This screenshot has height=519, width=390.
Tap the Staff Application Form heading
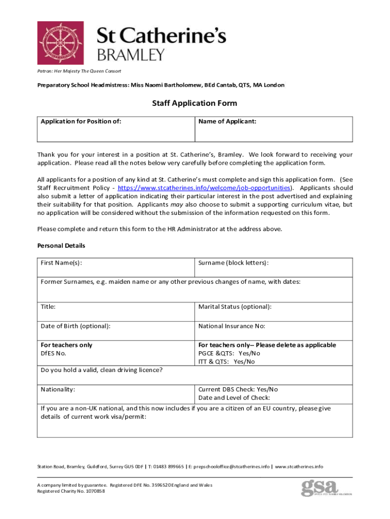pyautogui.click(x=194, y=103)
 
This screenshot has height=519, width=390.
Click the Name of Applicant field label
pyautogui.click(x=227, y=122)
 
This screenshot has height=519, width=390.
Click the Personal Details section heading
pyautogui.click(x=61, y=246)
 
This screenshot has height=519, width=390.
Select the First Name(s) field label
pyautogui.click(x=62, y=263)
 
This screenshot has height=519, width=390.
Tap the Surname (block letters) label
pyautogui.click(x=233, y=263)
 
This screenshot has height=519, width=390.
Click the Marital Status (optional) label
pyautogui.click(x=235, y=307)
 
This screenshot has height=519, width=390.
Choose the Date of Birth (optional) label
pyautogui.click(x=75, y=326)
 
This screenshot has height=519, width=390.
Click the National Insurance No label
pyautogui.click(x=232, y=326)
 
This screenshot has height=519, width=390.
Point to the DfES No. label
pyautogui.click(x=53, y=353)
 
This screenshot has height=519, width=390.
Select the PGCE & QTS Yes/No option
pyautogui.click(x=229, y=353)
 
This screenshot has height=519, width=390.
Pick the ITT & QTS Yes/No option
pyautogui.click(x=227, y=361)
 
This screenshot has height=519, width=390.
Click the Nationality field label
pyautogui.click(x=58, y=389)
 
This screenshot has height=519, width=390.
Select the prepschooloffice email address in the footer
pyautogui.click(x=230, y=466)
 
